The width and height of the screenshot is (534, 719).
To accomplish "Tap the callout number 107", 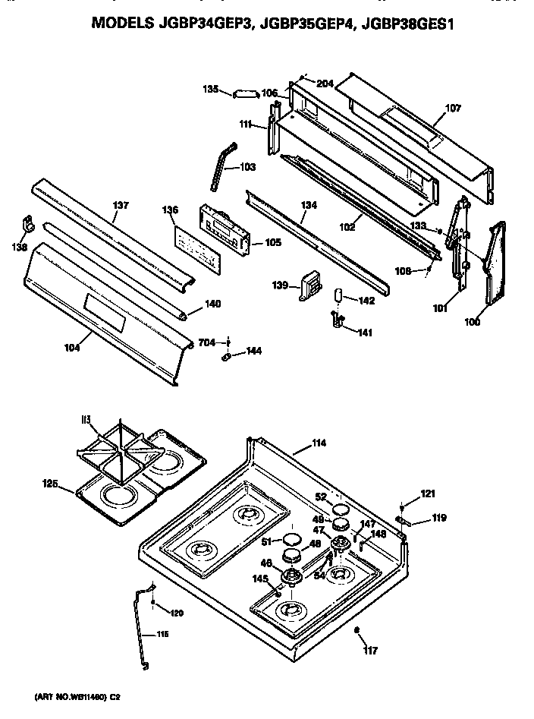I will [x=452, y=109].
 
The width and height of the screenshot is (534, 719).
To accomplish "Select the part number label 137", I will [x=121, y=205].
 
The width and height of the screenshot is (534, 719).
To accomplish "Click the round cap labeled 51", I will [x=290, y=539].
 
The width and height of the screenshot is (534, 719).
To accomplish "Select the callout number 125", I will [x=50, y=483].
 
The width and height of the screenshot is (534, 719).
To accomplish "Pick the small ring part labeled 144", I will [x=228, y=355].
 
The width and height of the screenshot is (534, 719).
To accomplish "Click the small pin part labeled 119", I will [x=403, y=521].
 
